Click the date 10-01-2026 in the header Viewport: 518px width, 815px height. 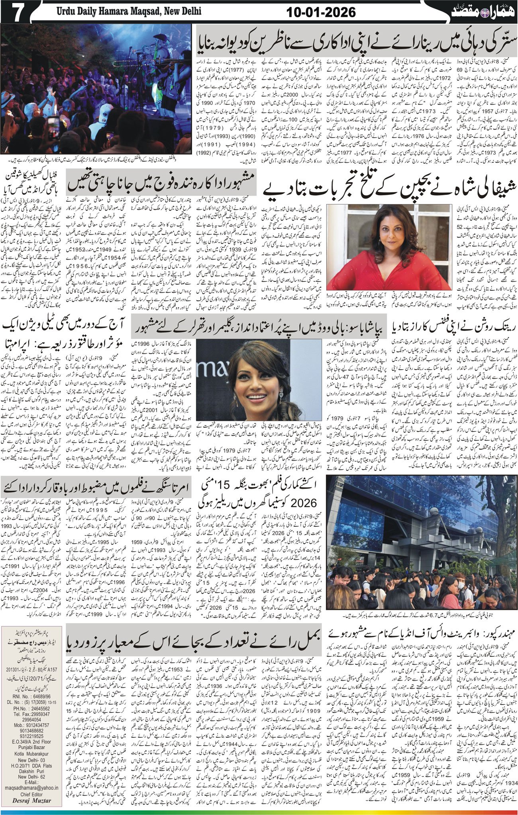point(321,12)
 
